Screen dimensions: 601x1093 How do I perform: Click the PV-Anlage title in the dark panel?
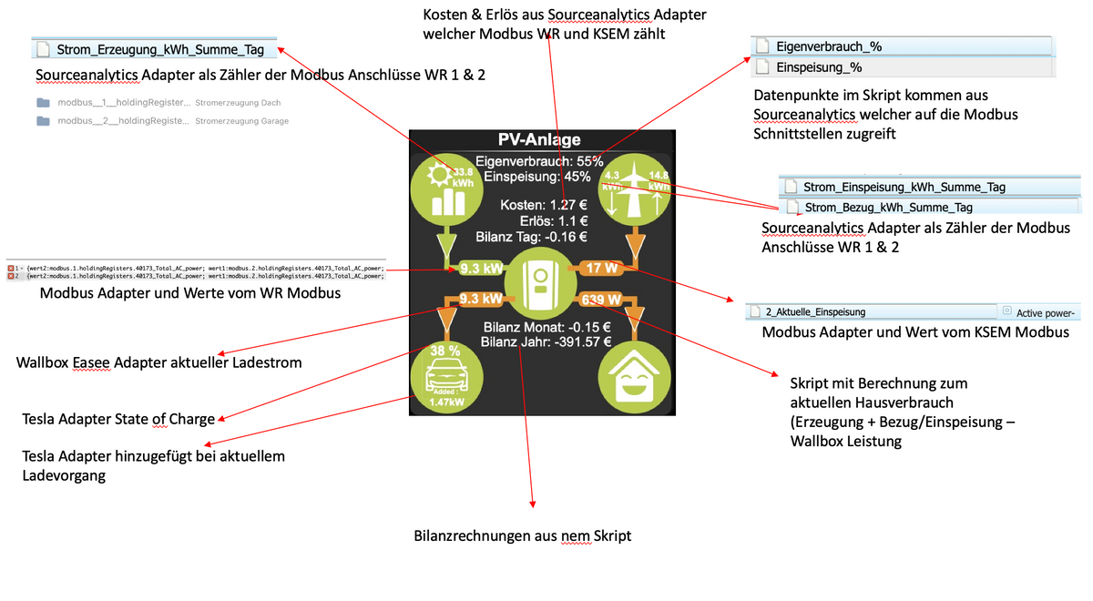click(x=539, y=140)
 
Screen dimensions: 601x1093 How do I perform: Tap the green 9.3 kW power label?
click(x=481, y=269)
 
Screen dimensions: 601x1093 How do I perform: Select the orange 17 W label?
click(x=601, y=269)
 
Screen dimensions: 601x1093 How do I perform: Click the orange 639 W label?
click(x=601, y=299)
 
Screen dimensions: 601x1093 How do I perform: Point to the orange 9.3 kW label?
click(x=481, y=299)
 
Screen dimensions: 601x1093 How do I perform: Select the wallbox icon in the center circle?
click(x=541, y=283)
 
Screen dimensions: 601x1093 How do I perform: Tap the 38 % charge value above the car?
click(x=445, y=351)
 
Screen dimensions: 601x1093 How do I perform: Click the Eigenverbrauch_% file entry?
click(x=829, y=46)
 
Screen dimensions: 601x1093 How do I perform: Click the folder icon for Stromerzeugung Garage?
click(x=43, y=121)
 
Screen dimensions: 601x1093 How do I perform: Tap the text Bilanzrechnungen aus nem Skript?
click(x=523, y=536)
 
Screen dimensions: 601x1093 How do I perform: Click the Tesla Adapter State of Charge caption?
click(x=118, y=419)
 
